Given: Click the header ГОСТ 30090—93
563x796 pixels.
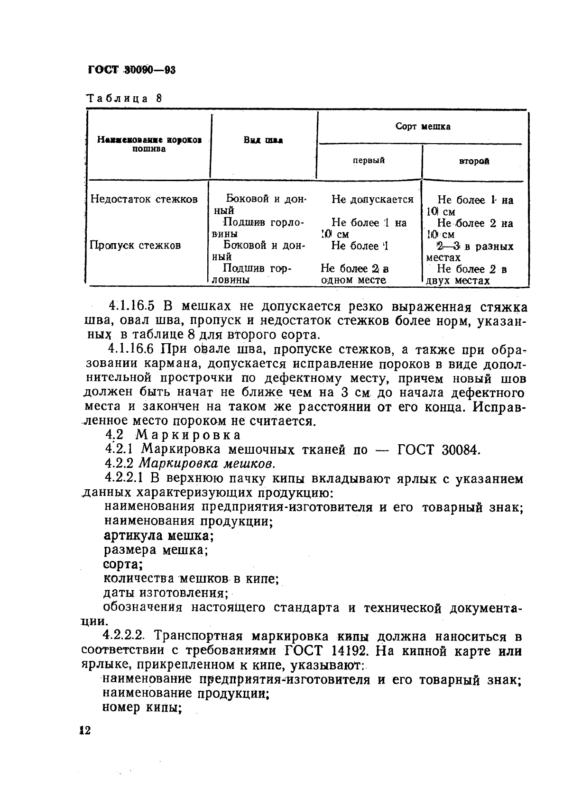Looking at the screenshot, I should pyautogui.click(x=132, y=71).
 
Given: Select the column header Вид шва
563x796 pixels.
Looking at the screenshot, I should pyautogui.click(x=263, y=140).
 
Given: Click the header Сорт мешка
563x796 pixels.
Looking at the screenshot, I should pyautogui.click(x=423, y=127).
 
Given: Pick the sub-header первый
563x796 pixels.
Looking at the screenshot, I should pyautogui.click(x=369, y=161).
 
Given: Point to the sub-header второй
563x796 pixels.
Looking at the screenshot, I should pyautogui.click(x=474, y=162).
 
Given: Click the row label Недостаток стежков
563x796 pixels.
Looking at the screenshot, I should pyautogui.click(x=144, y=200).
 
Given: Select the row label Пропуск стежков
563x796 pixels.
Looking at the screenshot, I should pyautogui.click(x=135, y=246).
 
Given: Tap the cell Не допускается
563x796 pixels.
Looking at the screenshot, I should pyautogui.click(x=372, y=200).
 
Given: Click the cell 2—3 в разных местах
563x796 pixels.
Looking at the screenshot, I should pyautogui.click(x=470, y=252).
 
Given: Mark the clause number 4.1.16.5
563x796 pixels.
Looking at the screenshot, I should pyautogui.click(x=131, y=307).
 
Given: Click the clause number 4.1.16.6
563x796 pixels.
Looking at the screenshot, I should pyautogui.click(x=131, y=349).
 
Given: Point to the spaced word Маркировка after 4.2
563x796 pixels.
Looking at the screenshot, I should pyautogui.click(x=188, y=435).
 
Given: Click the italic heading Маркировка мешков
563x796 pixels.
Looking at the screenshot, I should pyautogui.click(x=207, y=464).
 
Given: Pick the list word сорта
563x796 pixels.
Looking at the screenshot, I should pyautogui.click(x=123, y=565).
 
